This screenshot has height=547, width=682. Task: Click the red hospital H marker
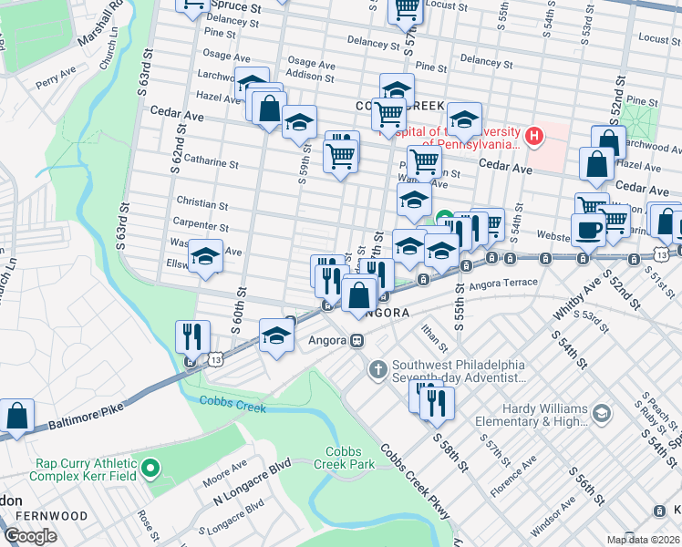(x=533, y=138)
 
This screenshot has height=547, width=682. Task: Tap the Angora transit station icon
(x=357, y=340)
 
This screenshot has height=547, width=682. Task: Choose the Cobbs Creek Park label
(x=351, y=459)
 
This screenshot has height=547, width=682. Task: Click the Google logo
(x=30, y=536)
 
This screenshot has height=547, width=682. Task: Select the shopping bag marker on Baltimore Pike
(x=16, y=417)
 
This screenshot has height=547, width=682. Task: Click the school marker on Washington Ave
(x=206, y=260)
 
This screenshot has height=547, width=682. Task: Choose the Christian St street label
(x=201, y=205)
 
